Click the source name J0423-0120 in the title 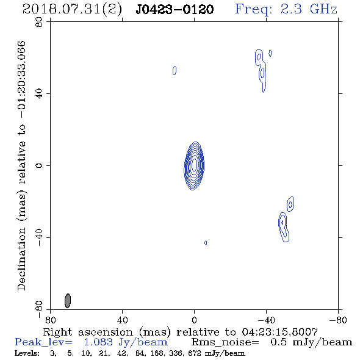click(x=175, y=10)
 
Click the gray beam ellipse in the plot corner click(x=68, y=301)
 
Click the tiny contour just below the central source click(x=206, y=243)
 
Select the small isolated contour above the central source click(x=175, y=71)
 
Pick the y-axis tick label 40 click(x=39, y=94)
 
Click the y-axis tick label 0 click(x=39, y=165)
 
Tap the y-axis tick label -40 click(x=39, y=237)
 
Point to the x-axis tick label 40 click(x=122, y=320)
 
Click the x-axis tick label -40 click(x=266, y=320)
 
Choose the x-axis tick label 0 click(x=194, y=320)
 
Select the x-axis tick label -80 click(x=338, y=320)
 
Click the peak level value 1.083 click(x=98, y=342)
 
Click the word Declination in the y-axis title click(x=21, y=259)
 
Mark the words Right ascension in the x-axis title click(x=88, y=332)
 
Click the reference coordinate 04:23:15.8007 click(x=279, y=332)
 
